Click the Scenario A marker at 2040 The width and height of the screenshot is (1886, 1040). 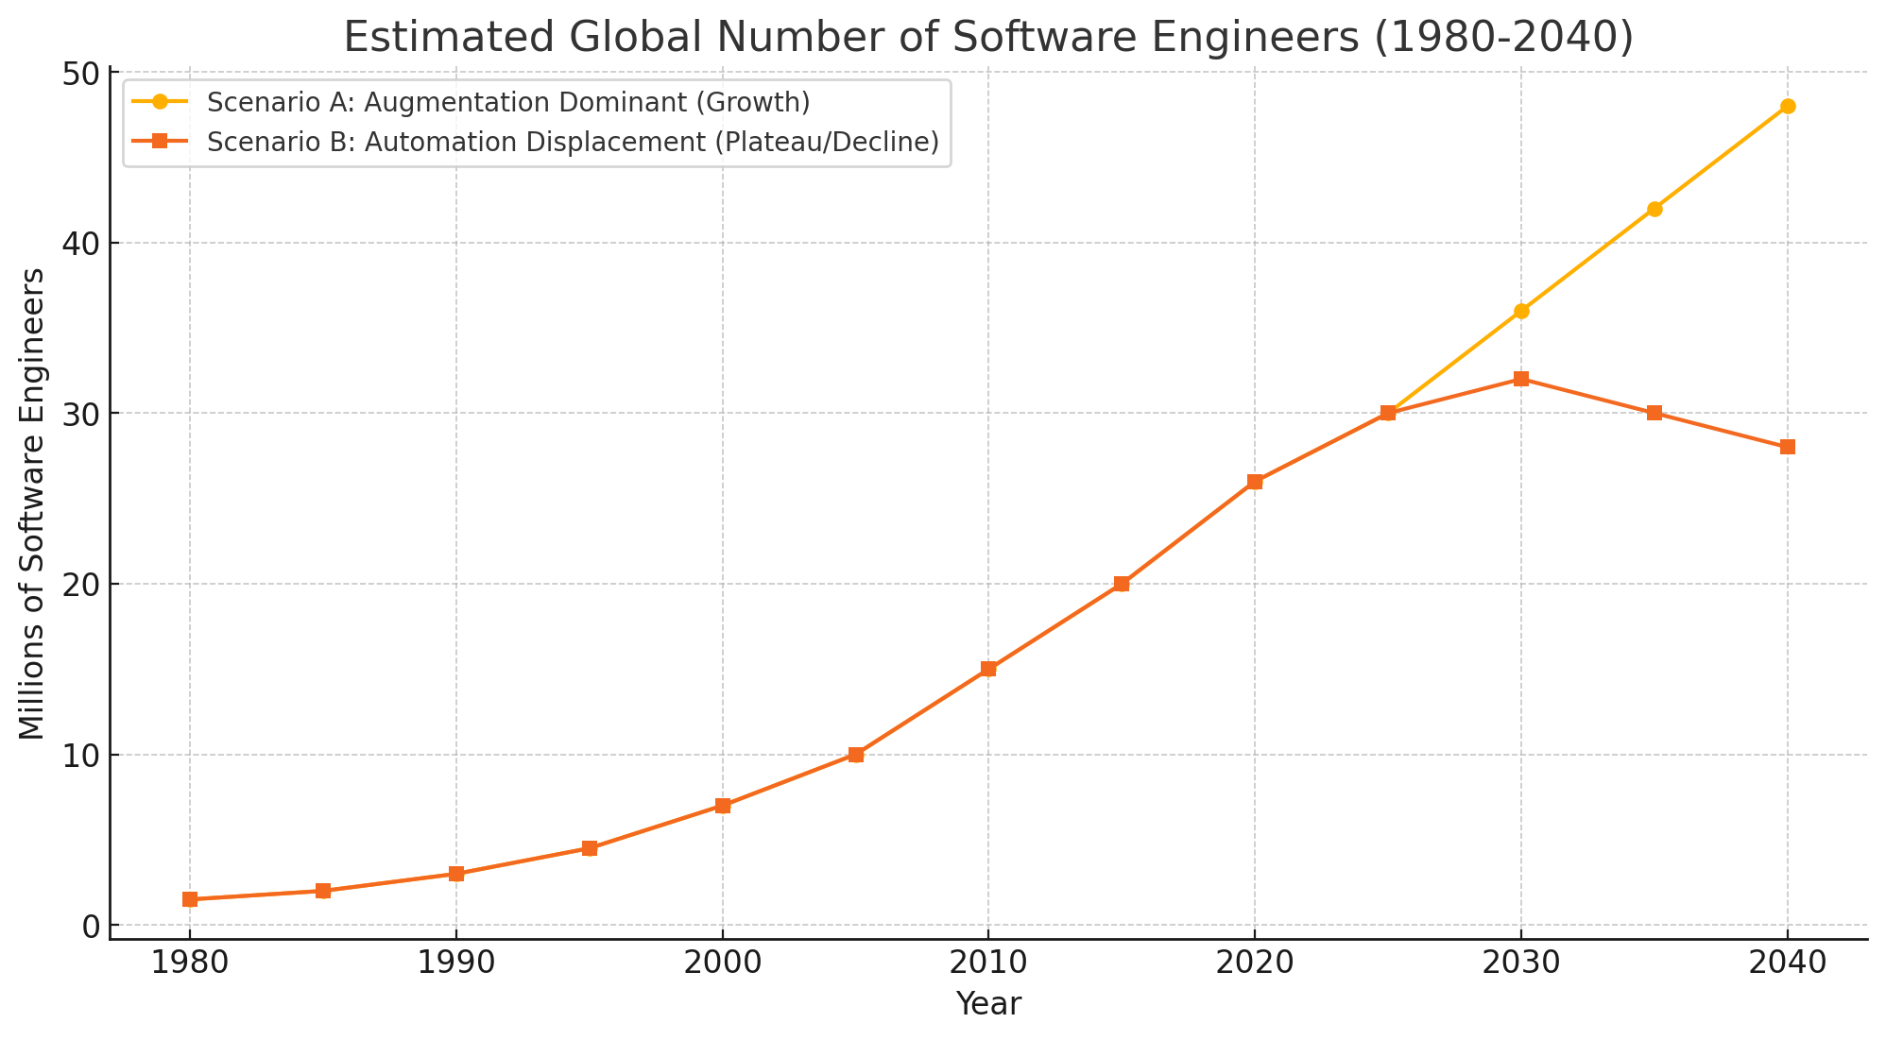click(x=1787, y=107)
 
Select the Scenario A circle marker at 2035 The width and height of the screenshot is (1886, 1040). click(x=1654, y=209)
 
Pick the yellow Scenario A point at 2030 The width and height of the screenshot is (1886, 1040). click(x=1520, y=311)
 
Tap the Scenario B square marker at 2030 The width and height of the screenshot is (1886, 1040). click(x=1520, y=379)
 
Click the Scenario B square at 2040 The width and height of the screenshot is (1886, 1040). click(x=1787, y=447)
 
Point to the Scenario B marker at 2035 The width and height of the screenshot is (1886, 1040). click(x=1654, y=413)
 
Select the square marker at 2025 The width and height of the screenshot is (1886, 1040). click(x=1387, y=413)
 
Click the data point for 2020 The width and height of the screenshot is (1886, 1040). click(x=1254, y=482)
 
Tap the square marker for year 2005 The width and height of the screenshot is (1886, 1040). click(x=855, y=754)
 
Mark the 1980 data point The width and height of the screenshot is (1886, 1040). click(x=190, y=899)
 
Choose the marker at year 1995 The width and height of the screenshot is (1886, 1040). click(x=589, y=848)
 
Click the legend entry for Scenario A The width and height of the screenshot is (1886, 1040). click(x=508, y=101)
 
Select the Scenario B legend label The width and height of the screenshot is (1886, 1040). click(x=572, y=142)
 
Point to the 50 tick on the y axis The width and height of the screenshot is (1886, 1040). click(x=78, y=73)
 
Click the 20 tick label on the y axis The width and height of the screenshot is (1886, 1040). click(x=78, y=585)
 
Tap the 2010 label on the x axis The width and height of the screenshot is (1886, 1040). click(x=988, y=964)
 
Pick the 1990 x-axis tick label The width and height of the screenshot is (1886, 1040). click(x=455, y=964)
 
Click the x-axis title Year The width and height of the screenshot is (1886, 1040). click(x=988, y=1004)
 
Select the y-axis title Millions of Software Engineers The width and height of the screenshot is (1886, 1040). click(x=32, y=503)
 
